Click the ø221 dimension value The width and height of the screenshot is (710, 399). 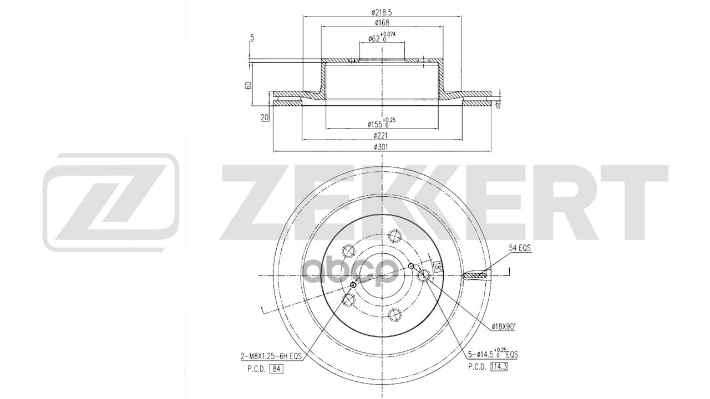382,136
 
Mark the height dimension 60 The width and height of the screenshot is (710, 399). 248,85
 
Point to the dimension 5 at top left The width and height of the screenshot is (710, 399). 252,38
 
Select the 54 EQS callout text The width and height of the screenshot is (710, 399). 520,249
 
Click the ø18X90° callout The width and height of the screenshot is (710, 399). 504,327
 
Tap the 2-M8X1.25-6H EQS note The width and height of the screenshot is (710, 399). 272,357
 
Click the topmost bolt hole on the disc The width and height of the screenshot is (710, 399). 395,236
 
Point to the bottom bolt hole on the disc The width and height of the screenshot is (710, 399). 395,315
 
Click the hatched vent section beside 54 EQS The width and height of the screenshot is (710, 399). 475,274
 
